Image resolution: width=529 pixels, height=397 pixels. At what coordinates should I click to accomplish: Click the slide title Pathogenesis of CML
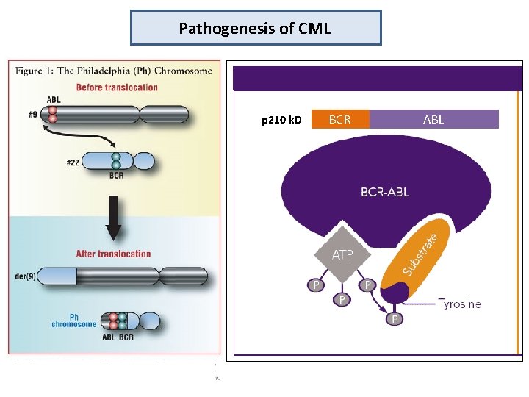click(x=255, y=29)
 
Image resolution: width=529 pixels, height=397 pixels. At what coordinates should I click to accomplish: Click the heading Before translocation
click(x=116, y=87)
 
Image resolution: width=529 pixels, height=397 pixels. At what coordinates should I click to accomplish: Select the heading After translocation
click(x=113, y=254)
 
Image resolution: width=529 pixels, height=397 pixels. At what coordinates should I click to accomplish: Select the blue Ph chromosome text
click(x=74, y=321)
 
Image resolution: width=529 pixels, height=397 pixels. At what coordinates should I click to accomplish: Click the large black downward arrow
click(x=114, y=218)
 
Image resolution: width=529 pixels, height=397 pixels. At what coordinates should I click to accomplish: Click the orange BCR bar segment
click(x=339, y=119)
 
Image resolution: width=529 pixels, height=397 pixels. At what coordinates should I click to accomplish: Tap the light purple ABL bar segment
click(x=433, y=119)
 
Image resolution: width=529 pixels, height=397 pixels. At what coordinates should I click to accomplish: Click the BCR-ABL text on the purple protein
click(x=385, y=192)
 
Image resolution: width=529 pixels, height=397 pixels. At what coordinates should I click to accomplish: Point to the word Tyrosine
click(x=460, y=303)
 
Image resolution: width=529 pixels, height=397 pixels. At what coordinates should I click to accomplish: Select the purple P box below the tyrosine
click(x=395, y=318)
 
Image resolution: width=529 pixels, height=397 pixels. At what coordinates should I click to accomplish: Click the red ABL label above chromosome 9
click(x=54, y=100)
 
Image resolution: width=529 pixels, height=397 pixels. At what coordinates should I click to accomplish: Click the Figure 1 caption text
click(x=114, y=71)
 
